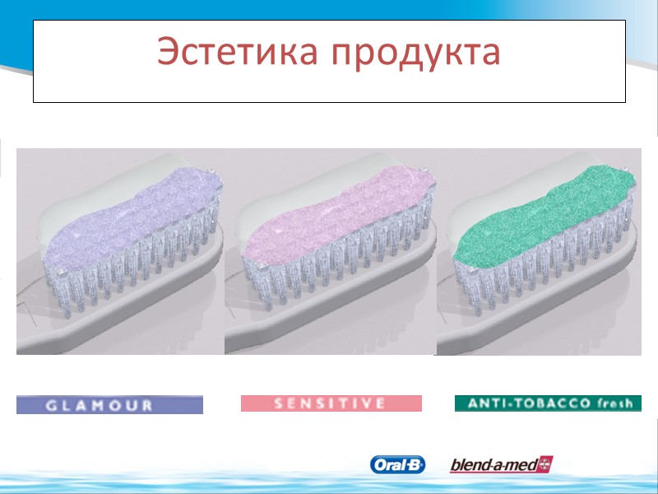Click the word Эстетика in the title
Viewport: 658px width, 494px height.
tap(238, 52)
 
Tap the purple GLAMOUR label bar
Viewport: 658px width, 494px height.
tap(109, 404)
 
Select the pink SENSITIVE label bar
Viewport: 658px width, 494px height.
tap(331, 403)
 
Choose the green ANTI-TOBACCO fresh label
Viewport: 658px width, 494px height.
tap(548, 403)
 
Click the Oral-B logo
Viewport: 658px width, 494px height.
tap(398, 465)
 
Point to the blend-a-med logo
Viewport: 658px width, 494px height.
tap(501, 465)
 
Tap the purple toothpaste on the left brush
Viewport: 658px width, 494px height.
tap(132, 214)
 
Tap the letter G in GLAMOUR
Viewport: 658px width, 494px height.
tap(52, 405)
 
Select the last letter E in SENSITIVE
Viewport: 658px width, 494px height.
tap(380, 403)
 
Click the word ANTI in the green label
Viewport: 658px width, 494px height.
tap(483, 403)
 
